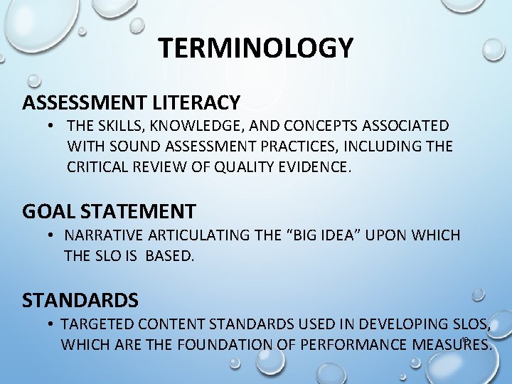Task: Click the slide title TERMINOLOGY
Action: click(x=256, y=48)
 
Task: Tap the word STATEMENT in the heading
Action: click(x=138, y=211)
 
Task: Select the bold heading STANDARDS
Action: click(x=80, y=299)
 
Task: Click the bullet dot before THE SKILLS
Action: click(x=53, y=127)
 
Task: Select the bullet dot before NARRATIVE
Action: click(x=53, y=235)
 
